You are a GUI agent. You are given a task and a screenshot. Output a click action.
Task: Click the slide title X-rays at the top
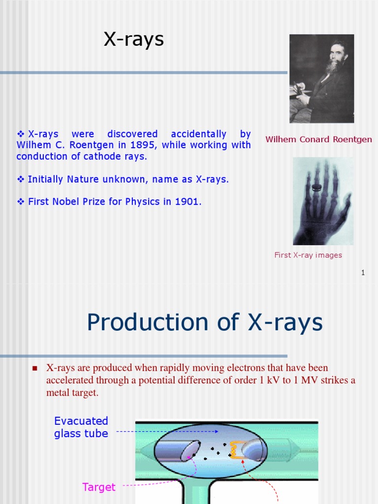pos(133,39)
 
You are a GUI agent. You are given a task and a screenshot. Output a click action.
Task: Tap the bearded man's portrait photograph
pos(321,79)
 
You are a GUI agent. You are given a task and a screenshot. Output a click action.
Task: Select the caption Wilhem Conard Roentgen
pos(318,139)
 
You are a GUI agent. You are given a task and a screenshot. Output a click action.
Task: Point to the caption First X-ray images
pos(308,255)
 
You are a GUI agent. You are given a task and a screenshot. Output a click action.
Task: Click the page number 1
pos(363,273)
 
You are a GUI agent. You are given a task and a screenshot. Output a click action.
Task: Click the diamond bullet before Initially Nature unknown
pos(21,180)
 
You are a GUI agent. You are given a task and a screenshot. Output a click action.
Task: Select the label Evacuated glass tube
pos(81,427)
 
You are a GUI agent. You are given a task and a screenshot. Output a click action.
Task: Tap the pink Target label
pos(99,487)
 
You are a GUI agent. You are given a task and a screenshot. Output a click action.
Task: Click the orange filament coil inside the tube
pos(235,450)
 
